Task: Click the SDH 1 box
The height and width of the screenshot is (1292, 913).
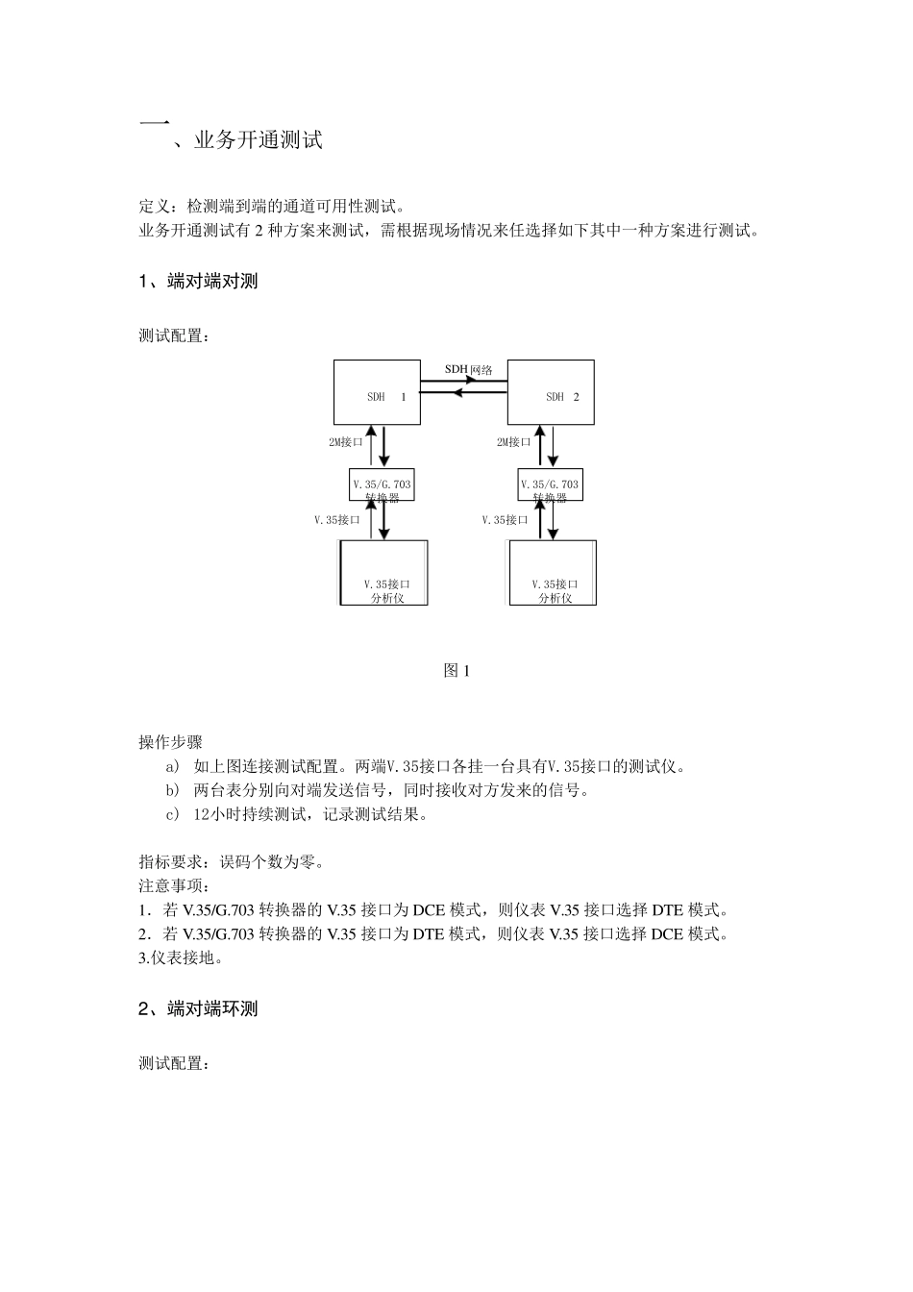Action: coord(377,392)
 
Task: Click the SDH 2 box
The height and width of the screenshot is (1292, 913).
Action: coord(551,392)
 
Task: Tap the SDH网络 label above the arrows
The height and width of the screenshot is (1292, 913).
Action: coord(469,369)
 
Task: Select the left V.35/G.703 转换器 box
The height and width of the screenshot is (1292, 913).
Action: coord(382,485)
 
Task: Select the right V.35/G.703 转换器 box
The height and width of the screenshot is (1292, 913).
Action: coord(550,485)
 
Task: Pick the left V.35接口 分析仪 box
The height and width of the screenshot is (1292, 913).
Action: coord(383,573)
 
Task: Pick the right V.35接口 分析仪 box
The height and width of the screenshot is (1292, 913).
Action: coord(553,573)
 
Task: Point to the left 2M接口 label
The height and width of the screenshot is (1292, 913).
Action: coord(346,442)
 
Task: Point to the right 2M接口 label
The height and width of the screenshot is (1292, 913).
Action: coord(514,442)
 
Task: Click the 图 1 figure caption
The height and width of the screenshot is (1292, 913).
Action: coord(456,671)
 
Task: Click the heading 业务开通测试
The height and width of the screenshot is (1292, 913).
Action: coord(258,140)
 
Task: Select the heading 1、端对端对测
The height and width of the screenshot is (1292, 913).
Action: coord(199,282)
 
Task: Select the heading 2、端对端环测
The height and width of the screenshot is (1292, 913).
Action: coord(199,1009)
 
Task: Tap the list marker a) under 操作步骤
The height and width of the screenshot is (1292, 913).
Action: coord(173,767)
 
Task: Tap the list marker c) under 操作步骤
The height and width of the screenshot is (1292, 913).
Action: coord(173,815)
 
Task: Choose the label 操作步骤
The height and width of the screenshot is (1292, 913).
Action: coord(170,742)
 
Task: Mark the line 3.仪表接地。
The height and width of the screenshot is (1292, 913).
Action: coord(182,957)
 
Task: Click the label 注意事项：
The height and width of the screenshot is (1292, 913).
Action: coord(174,885)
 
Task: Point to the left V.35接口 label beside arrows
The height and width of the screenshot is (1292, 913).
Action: coord(337,520)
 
